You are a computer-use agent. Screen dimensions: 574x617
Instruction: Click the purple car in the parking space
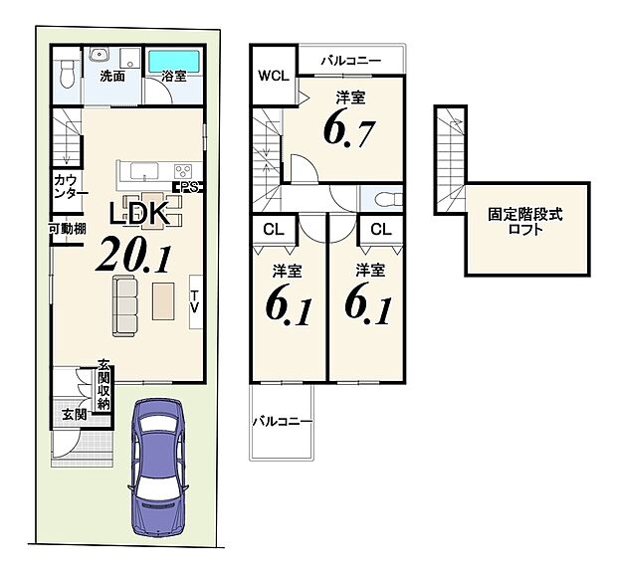[158, 466]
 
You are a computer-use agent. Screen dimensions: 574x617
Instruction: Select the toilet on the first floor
[65, 71]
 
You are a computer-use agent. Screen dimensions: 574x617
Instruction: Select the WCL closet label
[273, 76]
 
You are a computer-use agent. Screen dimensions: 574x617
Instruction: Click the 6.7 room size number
[345, 130]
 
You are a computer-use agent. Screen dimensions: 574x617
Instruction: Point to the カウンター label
[71, 186]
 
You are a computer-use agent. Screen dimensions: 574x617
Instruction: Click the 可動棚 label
[67, 229]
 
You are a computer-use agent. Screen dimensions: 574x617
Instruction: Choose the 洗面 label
[110, 76]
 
